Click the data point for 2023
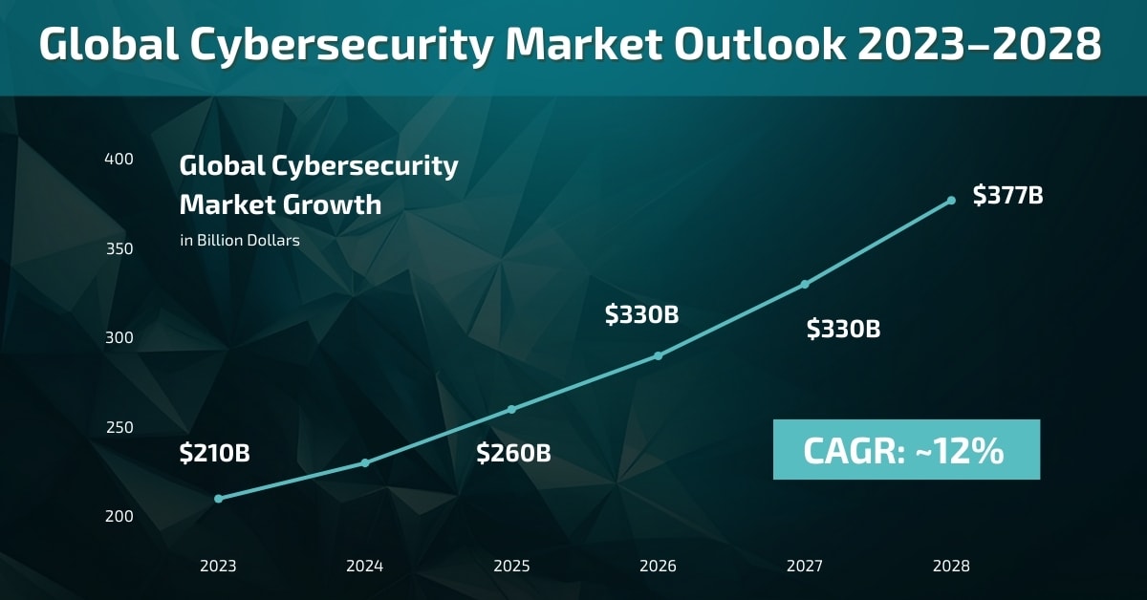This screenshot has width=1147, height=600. click(219, 499)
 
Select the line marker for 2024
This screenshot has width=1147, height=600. click(365, 463)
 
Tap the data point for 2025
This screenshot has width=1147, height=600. click(511, 409)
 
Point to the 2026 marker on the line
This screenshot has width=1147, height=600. click(658, 355)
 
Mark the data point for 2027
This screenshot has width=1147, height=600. click(805, 284)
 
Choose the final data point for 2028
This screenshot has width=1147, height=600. click(951, 201)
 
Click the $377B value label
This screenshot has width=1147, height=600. click(1007, 196)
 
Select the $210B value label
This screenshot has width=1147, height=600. click(214, 454)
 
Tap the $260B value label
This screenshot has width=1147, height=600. click(513, 454)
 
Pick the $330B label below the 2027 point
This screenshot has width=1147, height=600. click(843, 330)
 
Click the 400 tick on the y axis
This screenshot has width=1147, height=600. click(119, 159)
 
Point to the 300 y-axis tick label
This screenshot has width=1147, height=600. click(119, 338)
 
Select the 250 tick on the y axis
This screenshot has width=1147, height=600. click(119, 427)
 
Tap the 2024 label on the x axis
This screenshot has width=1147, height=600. click(365, 566)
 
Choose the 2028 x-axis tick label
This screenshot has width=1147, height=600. click(951, 566)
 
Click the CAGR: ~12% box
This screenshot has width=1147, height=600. click(905, 450)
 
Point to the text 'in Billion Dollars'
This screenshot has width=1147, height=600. click(240, 241)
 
